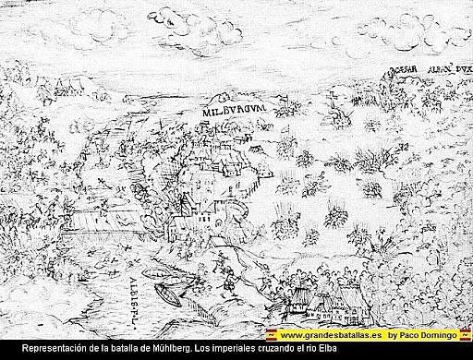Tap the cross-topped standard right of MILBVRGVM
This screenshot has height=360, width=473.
[x=280, y=104]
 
